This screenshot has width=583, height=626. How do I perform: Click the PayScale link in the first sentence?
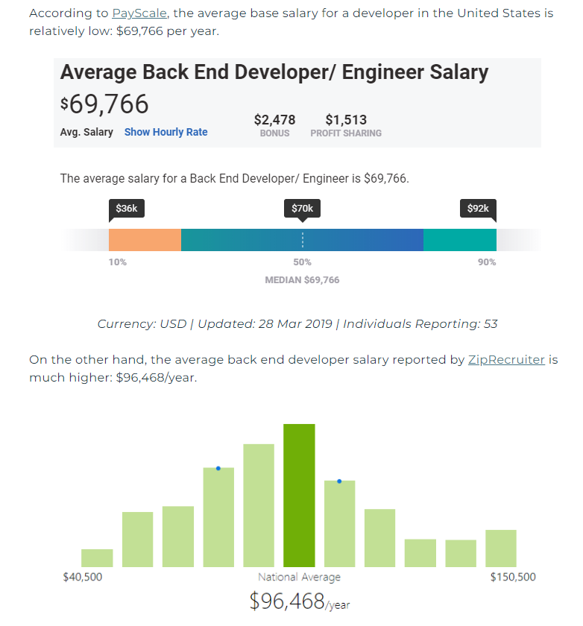(139, 13)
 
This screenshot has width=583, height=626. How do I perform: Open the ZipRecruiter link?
(506, 360)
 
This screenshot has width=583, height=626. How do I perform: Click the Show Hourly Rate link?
(166, 132)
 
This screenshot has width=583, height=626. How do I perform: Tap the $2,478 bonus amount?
(274, 120)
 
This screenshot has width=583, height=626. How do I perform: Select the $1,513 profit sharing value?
(346, 120)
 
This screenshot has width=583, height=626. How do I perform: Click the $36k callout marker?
(127, 209)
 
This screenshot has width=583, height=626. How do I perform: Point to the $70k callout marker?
(302, 209)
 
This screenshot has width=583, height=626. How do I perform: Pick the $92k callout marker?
(478, 209)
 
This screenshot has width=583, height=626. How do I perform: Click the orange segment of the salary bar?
(145, 239)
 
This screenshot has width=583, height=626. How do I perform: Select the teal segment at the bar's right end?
(459, 239)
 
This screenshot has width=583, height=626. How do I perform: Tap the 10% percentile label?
(118, 262)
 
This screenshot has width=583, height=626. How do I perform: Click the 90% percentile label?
(487, 262)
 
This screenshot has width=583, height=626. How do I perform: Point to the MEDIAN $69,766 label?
(302, 280)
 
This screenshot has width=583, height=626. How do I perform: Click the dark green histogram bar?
(299, 495)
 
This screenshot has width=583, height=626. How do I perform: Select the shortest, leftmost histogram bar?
(97, 558)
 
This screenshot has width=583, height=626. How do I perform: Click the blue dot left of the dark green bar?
(218, 468)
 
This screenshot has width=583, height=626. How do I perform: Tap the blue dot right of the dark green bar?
(339, 481)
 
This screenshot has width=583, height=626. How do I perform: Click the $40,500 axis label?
(83, 578)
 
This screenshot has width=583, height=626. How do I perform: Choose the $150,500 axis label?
(513, 578)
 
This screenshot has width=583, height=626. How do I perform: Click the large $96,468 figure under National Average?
(287, 601)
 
